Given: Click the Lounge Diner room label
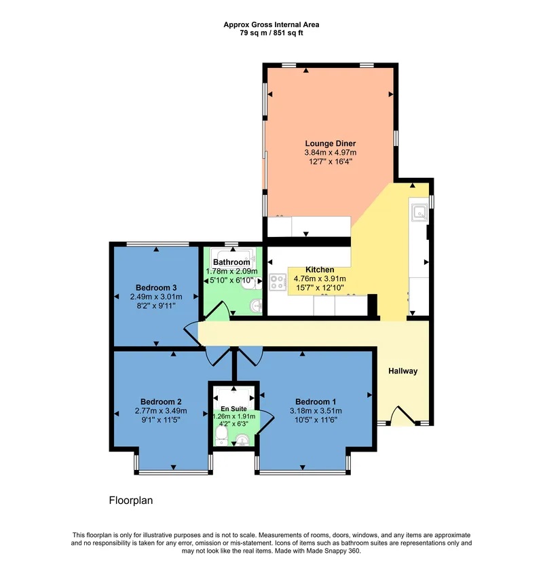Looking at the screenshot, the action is pyautogui.click(x=330, y=143).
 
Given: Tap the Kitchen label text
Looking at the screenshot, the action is pyautogui.click(x=320, y=270).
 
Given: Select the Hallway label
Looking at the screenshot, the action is pyautogui.click(x=402, y=371).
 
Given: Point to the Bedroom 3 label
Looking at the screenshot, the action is pyautogui.click(x=156, y=287).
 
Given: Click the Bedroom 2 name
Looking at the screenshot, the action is pyautogui.click(x=161, y=401).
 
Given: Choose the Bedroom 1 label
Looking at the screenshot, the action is pyautogui.click(x=316, y=401).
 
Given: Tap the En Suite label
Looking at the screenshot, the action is pyautogui.click(x=233, y=409).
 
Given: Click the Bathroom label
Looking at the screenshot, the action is pyautogui.click(x=231, y=262).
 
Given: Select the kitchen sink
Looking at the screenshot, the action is pyautogui.click(x=419, y=213).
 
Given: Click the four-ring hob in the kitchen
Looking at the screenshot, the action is pyautogui.click(x=278, y=282).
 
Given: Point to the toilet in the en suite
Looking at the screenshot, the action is pyautogui.click(x=221, y=436).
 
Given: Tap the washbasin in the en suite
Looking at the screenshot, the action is pyautogui.click(x=242, y=440).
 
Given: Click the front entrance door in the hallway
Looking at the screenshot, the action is pyautogui.click(x=403, y=416).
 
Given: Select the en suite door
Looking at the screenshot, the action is pyautogui.click(x=267, y=422).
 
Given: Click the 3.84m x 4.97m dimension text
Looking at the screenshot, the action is pyautogui.click(x=330, y=152).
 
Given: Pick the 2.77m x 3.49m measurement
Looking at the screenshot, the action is pyautogui.click(x=161, y=410).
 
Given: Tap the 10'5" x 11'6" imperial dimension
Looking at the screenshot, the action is pyautogui.click(x=316, y=420).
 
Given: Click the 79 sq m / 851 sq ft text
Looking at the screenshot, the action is pyautogui.click(x=271, y=33).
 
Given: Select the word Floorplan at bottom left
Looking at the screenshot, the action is pyautogui.click(x=131, y=500).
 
